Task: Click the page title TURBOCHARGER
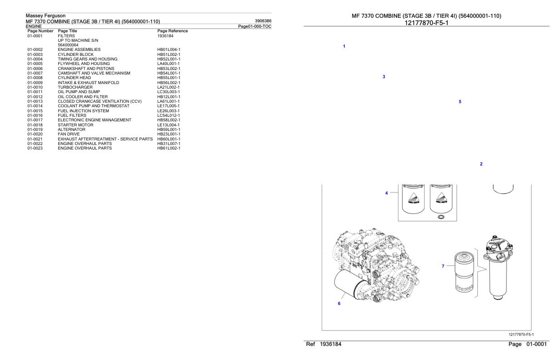(x=75, y=87)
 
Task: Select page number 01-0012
(x=35, y=97)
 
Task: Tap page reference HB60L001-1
(x=169, y=139)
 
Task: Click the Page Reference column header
(x=173, y=31)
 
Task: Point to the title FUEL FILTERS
(x=72, y=115)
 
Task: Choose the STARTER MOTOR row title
(x=75, y=125)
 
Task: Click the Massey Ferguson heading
(x=46, y=15)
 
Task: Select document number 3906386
(x=263, y=21)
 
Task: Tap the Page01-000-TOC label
(x=255, y=26)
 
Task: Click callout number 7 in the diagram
(x=443, y=266)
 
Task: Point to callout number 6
(x=339, y=303)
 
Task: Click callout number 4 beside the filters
(x=387, y=193)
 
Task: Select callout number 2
(x=482, y=164)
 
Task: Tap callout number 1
(x=344, y=46)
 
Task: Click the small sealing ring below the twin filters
(x=441, y=217)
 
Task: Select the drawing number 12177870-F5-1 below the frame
(x=521, y=335)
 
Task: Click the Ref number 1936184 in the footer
(x=331, y=344)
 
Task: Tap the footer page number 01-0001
(x=536, y=344)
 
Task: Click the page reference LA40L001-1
(x=168, y=64)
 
